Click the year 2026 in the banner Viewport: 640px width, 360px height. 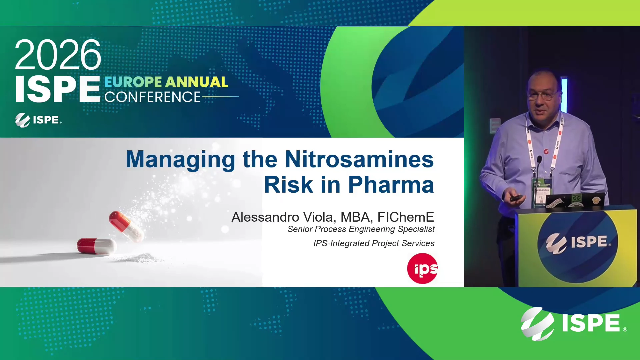(x=58, y=55)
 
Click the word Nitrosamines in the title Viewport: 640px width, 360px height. (x=359, y=159)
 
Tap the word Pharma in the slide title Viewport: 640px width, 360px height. (x=391, y=185)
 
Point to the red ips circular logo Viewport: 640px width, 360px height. (x=422, y=268)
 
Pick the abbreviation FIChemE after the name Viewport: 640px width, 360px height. (x=406, y=217)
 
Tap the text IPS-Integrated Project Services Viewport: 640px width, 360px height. (x=374, y=243)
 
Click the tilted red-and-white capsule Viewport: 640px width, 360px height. (x=126, y=226)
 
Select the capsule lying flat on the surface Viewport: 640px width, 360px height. (x=96, y=246)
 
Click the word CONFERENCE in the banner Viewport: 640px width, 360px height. (x=152, y=97)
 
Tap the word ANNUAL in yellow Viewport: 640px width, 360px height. (x=197, y=82)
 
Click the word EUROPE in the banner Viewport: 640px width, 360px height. (x=133, y=82)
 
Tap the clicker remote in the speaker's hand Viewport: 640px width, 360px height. (x=515, y=198)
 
